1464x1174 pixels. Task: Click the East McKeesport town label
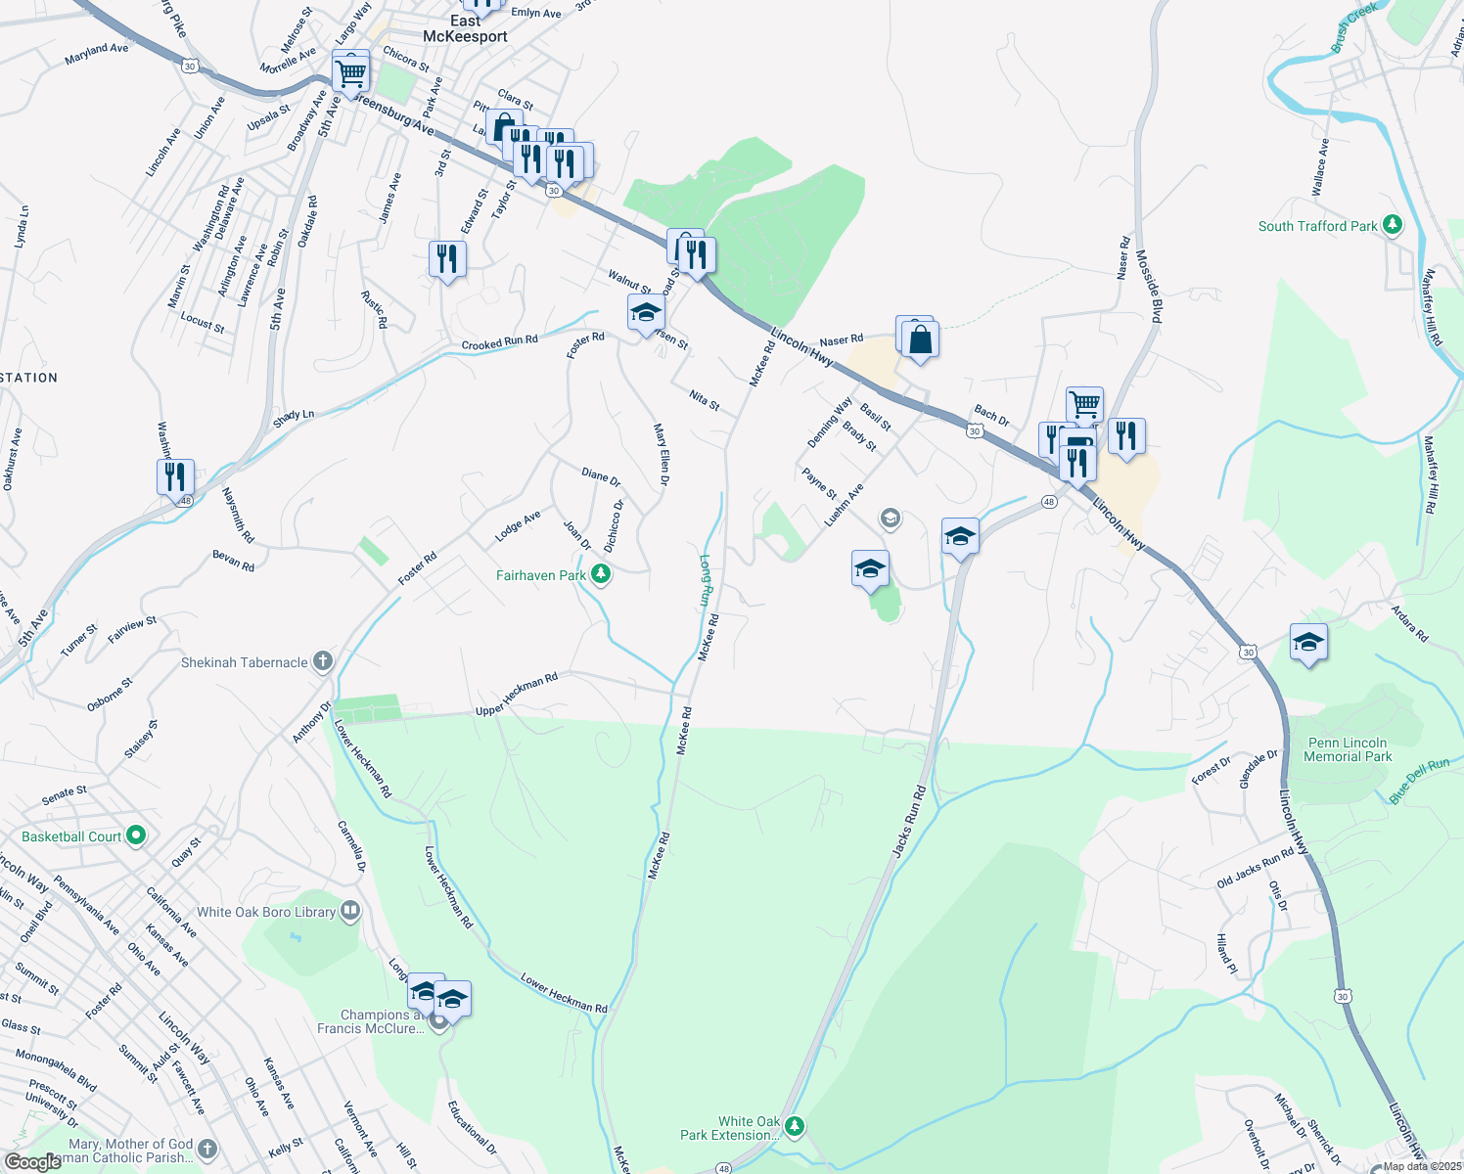click(x=465, y=28)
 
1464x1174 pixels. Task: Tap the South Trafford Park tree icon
click(x=1393, y=226)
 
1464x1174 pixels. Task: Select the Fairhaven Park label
click(x=540, y=575)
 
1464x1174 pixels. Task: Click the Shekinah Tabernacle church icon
click(x=322, y=662)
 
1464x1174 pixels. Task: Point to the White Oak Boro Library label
click(x=266, y=912)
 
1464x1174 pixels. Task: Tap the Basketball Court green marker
click(x=136, y=836)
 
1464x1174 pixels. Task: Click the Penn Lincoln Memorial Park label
click(x=1348, y=749)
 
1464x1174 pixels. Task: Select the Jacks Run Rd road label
click(x=908, y=822)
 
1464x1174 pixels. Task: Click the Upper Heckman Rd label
click(x=517, y=694)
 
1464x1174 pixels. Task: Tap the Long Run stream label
click(x=706, y=580)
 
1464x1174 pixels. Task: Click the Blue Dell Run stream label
click(x=1419, y=781)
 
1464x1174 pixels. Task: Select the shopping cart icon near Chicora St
click(x=350, y=71)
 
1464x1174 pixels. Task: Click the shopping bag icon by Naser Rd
click(x=920, y=340)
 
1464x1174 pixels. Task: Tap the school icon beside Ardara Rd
click(x=1308, y=643)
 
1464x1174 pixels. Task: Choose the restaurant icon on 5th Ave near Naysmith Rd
click(x=175, y=476)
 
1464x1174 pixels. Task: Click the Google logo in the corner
click(x=32, y=1161)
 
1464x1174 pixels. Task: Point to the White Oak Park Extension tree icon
click(x=795, y=1127)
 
